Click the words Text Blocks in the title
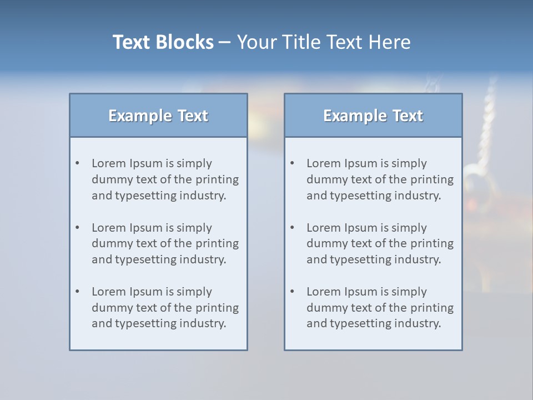point(163,42)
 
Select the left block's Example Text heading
point(158,116)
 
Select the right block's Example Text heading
point(373,116)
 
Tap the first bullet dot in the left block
point(77,163)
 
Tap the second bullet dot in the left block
point(77,228)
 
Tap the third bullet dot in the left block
point(77,292)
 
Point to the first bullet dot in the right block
point(292,163)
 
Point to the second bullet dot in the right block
point(292,228)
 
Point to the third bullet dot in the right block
point(292,292)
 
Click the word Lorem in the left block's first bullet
point(109,163)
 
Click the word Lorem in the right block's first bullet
point(324,163)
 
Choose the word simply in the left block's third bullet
point(194,292)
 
